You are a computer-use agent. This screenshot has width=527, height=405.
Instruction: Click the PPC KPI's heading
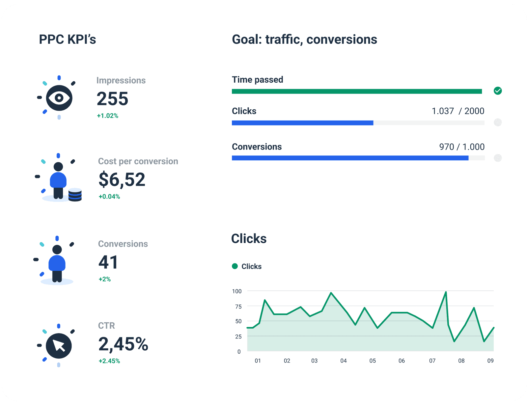tap(67, 40)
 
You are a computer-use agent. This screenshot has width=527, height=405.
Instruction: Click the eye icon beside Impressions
tap(59, 98)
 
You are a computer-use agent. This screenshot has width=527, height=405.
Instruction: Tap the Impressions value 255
tap(112, 99)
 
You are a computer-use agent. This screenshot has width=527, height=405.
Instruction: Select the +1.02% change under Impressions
tap(107, 116)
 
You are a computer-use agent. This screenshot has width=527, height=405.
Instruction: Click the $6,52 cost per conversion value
tap(122, 180)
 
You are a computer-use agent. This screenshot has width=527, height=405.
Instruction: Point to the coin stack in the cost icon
tap(75, 195)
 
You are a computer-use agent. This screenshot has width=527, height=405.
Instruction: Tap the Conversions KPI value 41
tap(108, 262)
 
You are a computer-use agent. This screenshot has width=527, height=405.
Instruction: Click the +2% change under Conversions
tap(104, 279)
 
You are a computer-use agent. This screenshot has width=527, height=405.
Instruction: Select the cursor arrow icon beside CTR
tap(59, 346)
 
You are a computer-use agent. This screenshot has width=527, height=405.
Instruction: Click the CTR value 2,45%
tap(123, 344)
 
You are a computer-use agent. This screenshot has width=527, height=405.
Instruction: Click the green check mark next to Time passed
tap(498, 91)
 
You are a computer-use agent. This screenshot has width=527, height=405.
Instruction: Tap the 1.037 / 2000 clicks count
tap(458, 111)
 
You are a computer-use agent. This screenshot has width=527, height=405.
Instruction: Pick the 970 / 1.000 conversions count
tap(462, 147)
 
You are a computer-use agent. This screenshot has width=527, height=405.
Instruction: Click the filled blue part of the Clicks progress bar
tap(302, 123)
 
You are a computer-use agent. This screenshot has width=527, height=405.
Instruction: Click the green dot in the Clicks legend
tap(235, 266)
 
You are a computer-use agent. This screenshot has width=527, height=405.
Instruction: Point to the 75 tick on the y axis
tap(238, 307)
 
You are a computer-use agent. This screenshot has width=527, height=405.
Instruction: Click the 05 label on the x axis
tap(373, 361)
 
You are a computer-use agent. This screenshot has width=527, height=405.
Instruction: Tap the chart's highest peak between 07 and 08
tap(446, 292)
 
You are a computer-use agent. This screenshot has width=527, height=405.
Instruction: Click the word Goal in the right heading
tap(246, 40)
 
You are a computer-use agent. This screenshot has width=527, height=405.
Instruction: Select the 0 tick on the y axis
tap(239, 352)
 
